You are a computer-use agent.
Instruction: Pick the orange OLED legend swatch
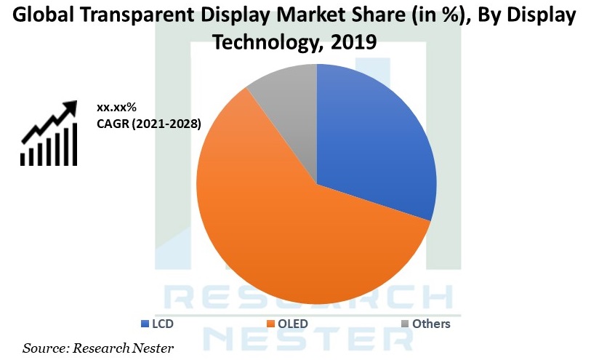pos(270,324)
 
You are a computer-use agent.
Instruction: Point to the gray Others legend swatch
pos(405,324)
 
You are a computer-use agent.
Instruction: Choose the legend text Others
pos(431,324)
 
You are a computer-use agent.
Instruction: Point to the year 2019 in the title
pos(353,43)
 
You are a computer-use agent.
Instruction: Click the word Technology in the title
pos(265,43)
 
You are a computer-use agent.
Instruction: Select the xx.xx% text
pos(117,108)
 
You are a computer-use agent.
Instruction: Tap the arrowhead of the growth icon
pos(70,108)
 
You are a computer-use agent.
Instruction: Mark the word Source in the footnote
pos(42,349)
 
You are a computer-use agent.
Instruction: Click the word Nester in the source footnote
pos(154,349)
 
